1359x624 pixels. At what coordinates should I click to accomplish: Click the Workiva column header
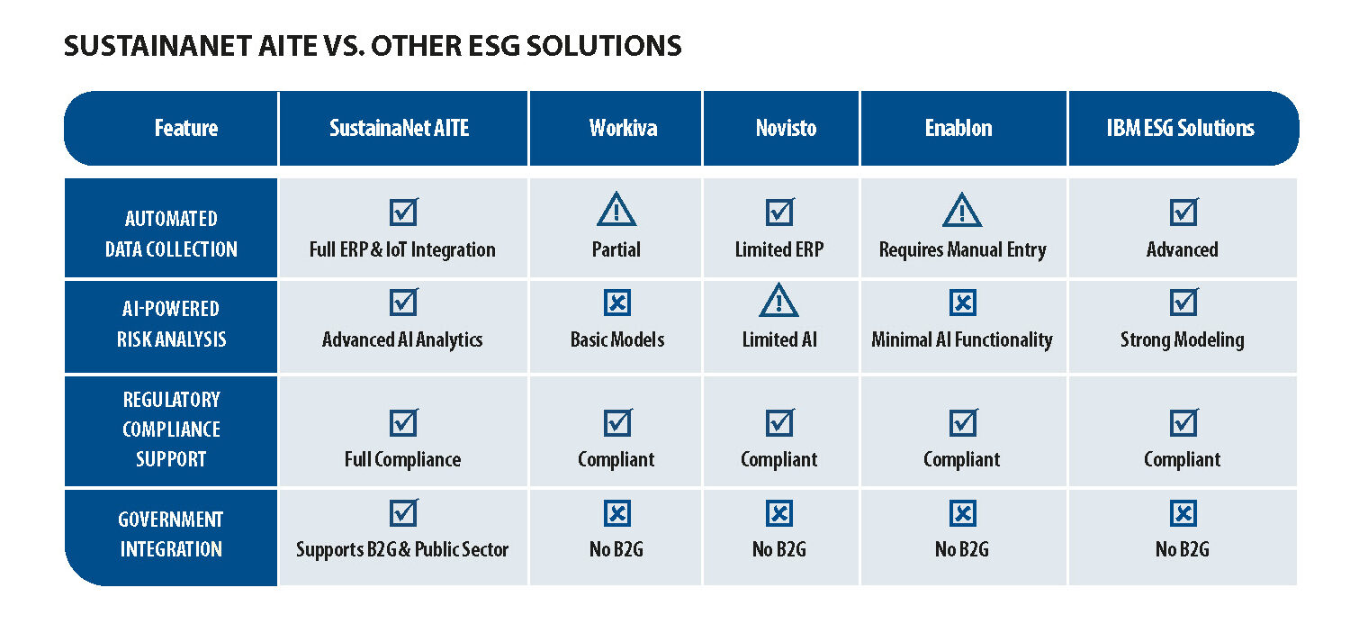623,128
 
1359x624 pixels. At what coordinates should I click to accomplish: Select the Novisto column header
786,128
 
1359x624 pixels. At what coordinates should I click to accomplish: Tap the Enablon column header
958,128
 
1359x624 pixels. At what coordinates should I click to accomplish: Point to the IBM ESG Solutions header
1180,128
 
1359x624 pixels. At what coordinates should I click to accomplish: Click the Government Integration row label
171,534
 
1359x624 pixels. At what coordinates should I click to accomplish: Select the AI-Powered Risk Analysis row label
171,323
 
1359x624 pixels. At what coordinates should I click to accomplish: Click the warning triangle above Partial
616,210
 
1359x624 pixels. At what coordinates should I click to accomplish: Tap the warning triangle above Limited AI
779,300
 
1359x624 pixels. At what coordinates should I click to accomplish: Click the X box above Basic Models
617,303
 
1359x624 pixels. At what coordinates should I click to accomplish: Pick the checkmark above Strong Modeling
1183,302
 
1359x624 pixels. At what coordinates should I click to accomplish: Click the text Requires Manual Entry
962,250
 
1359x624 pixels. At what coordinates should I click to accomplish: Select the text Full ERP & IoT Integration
402,250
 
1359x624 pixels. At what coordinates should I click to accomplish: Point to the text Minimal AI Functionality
962,340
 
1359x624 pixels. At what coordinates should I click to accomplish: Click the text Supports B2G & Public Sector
402,550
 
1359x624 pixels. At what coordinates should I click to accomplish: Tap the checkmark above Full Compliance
403,422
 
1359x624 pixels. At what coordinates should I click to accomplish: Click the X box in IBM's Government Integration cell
1183,513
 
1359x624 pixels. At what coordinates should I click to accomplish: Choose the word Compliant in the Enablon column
961,459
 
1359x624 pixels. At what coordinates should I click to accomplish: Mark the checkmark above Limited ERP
780,212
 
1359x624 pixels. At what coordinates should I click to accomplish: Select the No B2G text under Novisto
779,550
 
